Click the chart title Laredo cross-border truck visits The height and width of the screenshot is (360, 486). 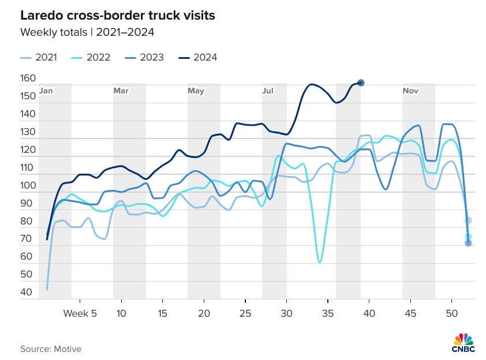[118, 16]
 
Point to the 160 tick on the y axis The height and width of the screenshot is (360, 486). [28, 78]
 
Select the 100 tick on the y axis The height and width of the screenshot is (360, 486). [28, 186]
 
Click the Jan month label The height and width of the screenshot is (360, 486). [47, 91]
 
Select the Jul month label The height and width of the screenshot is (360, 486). [268, 91]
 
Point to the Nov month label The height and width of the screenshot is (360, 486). [410, 91]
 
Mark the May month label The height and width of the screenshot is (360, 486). [196, 91]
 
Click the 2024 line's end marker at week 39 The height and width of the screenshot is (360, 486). [361, 83]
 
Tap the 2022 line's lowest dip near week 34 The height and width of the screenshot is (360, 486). [320, 262]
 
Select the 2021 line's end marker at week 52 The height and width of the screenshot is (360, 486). [469, 220]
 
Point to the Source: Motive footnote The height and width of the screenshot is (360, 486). [51, 349]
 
